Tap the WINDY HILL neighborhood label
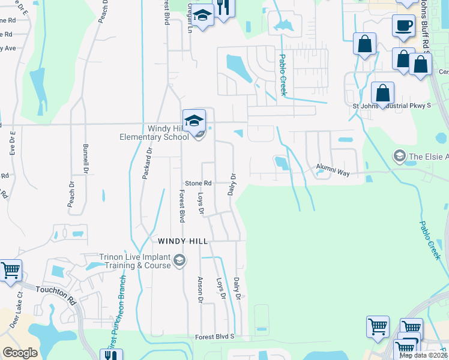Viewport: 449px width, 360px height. pyautogui.click(x=182, y=241)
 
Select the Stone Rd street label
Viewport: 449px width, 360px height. pyautogui.click(x=198, y=183)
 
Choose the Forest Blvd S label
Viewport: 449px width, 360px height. pyautogui.click(x=209, y=337)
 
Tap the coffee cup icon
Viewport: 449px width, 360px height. pyautogui.click(x=403, y=26)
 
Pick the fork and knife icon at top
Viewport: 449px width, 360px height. pyautogui.click(x=223, y=8)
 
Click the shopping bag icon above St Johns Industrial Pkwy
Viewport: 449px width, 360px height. pyautogui.click(x=382, y=94)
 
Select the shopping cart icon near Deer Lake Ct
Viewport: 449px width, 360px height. pyautogui.click(x=10, y=271)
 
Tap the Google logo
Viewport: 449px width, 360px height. pyautogui.click(x=20, y=353)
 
